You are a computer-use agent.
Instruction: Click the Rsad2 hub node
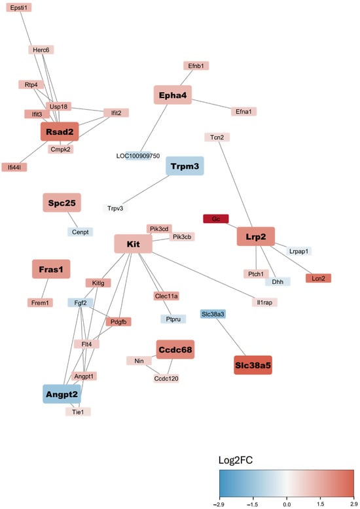click(60, 132)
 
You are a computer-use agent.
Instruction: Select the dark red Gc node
click(216, 219)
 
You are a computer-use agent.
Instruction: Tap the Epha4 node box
click(173, 95)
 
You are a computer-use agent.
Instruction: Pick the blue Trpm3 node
click(185, 166)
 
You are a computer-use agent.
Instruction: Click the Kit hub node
click(134, 244)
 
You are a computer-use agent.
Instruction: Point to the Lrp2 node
click(256, 236)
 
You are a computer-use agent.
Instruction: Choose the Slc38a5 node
click(253, 365)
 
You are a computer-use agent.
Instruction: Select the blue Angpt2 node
click(62, 394)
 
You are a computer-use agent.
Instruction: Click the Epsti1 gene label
click(19, 7)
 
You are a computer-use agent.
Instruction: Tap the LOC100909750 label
click(138, 156)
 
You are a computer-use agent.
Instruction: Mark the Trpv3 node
click(115, 208)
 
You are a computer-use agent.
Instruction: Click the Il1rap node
click(265, 302)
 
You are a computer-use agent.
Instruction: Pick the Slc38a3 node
click(213, 314)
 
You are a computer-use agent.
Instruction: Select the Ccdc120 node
click(166, 378)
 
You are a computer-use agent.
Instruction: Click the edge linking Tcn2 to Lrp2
click(235, 184)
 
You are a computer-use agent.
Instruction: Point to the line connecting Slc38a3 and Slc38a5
click(230, 337)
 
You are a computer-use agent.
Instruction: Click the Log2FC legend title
click(236, 460)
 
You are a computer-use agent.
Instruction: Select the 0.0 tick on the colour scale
click(287, 504)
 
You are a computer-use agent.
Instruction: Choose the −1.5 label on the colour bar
click(253, 504)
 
